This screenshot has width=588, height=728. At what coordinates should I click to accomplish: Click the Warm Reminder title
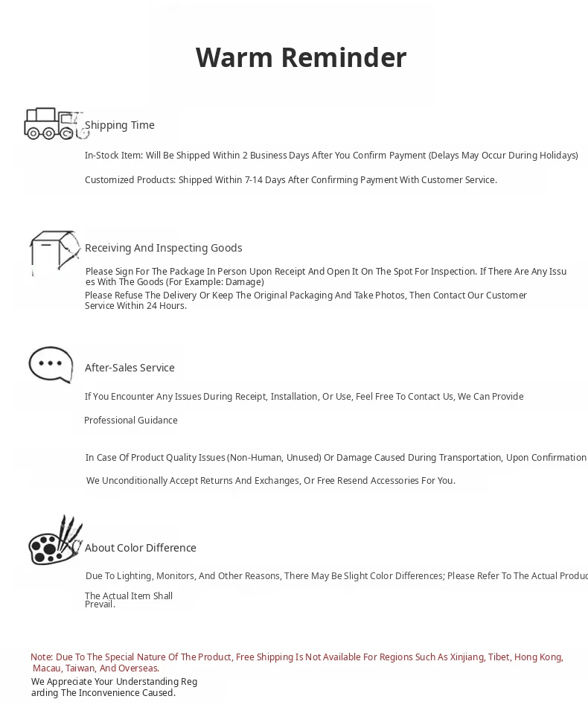coord(301,58)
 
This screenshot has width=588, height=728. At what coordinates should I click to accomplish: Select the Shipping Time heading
coord(120,125)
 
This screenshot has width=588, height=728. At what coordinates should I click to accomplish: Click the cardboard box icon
coord(54,253)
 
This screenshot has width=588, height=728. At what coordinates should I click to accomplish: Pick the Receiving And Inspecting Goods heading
coord(163,248)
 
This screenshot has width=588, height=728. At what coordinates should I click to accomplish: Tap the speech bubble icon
coord(51,365)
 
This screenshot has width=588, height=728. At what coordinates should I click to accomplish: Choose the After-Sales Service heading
coord(130,368)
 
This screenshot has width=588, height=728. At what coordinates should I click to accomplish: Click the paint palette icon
coord(55,541)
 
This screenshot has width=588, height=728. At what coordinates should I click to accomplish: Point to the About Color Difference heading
coord(141,548)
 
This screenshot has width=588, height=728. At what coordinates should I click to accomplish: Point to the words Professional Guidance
coord(131,421)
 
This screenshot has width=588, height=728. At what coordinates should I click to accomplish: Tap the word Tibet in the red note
coord(499,657)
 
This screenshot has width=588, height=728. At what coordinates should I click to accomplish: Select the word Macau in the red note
coord(47,668)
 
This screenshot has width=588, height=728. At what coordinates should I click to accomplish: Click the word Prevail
coord(100,604)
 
